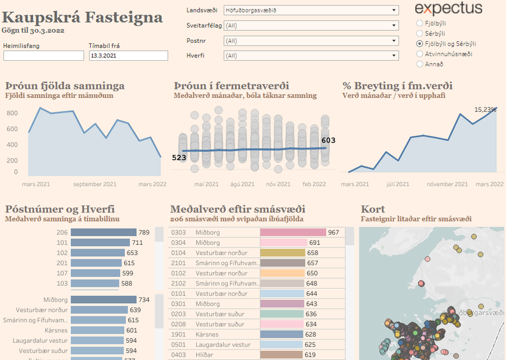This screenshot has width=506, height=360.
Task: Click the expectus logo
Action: click(x=448, y=8)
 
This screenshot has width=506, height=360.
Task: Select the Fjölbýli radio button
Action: click(x=420, y=23)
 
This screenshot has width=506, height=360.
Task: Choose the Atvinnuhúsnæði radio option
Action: click(x=420, y=54)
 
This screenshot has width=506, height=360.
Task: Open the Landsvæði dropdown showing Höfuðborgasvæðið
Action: click(x=311, y=10)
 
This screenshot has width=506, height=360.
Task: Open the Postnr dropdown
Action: click(x=311, y=40)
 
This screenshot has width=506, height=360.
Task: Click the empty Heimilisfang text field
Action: click(x=43, y=56)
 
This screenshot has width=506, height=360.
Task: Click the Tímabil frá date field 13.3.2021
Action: click(x=128, y=56)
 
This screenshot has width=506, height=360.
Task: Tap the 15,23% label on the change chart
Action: click(x=485, y=109)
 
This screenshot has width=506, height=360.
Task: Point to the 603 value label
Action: click(x=328, y=140)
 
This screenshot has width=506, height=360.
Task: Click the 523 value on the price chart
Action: click(x=179, y=157)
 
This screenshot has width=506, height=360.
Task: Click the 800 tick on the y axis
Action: click(x=12, y=113)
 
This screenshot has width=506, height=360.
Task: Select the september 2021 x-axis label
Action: click(x=95, y=184)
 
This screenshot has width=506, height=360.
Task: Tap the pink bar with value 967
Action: click(x=293, y=232)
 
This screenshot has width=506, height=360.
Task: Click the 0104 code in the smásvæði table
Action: click(x=178, y=253)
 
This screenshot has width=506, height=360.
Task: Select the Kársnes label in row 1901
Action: click(x=207, y=335)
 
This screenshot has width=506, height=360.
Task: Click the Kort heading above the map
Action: click(x=373, y=209)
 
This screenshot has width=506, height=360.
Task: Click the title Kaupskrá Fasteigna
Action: click(x=83, y=16)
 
